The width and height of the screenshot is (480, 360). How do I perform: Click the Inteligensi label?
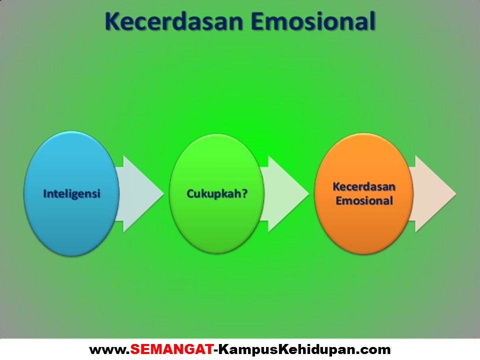click(71, 193)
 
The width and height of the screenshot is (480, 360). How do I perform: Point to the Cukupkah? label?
click(217, 193)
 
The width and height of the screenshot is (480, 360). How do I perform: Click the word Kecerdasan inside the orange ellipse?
click(364, 187)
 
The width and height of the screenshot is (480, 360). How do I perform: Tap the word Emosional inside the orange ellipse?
click(364, 201)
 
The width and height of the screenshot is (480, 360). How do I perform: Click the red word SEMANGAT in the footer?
click(171, 348)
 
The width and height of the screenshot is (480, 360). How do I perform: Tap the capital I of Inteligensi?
click(45, 193)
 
